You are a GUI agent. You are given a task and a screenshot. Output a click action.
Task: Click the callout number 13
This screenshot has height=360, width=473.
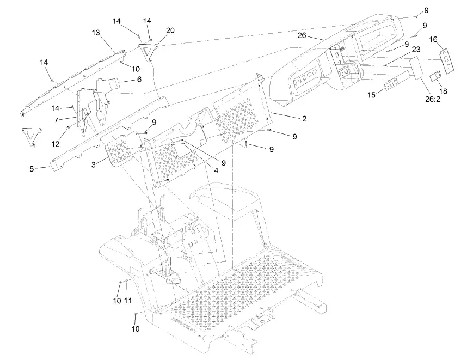point(96,33)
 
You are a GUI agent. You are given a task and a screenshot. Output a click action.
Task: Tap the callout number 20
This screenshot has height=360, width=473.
point(170,31)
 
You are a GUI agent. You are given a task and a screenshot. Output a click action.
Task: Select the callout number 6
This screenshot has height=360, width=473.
point(139,79)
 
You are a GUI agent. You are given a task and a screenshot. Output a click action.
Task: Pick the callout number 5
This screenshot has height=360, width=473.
point(32,169)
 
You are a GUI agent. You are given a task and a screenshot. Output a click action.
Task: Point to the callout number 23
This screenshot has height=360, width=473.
point(416,48)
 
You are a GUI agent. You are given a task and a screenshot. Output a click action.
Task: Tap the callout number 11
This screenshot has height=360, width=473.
point(128,301)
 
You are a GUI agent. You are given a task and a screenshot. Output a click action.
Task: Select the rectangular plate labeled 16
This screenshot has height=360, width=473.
point(447,60)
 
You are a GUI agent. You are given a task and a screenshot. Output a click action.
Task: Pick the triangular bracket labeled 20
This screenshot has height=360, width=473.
point(148,51)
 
